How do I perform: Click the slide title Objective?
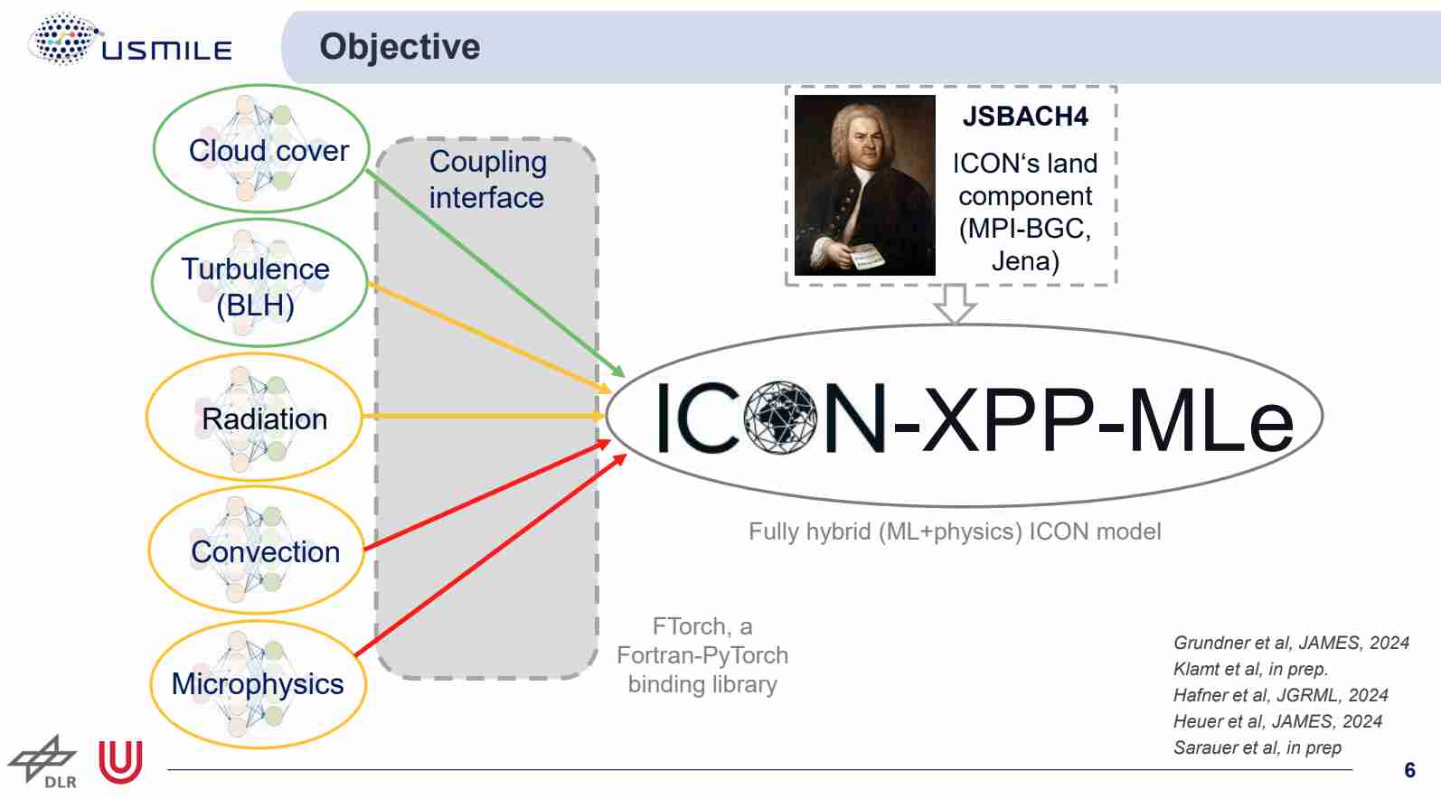click(x=400, y=47)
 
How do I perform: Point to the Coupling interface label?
click(x=487, y=180)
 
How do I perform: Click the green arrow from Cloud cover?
click(x=495, y=273)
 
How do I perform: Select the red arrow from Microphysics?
click(x=491, y=555)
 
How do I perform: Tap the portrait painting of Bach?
click(x=864, y=185)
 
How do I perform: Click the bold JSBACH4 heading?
click(x=1025, y=117)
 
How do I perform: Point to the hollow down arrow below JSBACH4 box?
click(x=955, y=304)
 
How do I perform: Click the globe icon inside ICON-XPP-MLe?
click(x=780, y=418)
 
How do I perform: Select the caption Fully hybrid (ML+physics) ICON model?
click(x=955, y=532)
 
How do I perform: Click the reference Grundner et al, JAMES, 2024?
click(x=1291, y=643)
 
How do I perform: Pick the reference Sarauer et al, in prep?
click(x=1257, y=747)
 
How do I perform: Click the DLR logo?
click(x=43, y=762)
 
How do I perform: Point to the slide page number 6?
click(x=1409, y=770)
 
